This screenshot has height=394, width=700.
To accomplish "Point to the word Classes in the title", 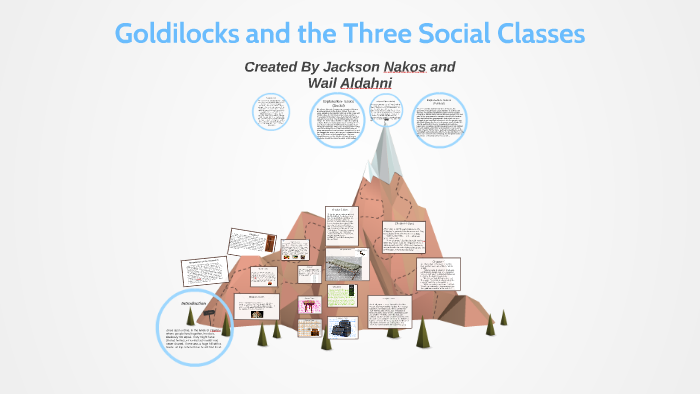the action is click(x=540, y=33).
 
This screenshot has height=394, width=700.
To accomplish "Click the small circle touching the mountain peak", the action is click(x=385, y=111).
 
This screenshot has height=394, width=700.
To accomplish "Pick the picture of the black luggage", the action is click(x=343, y=327).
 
